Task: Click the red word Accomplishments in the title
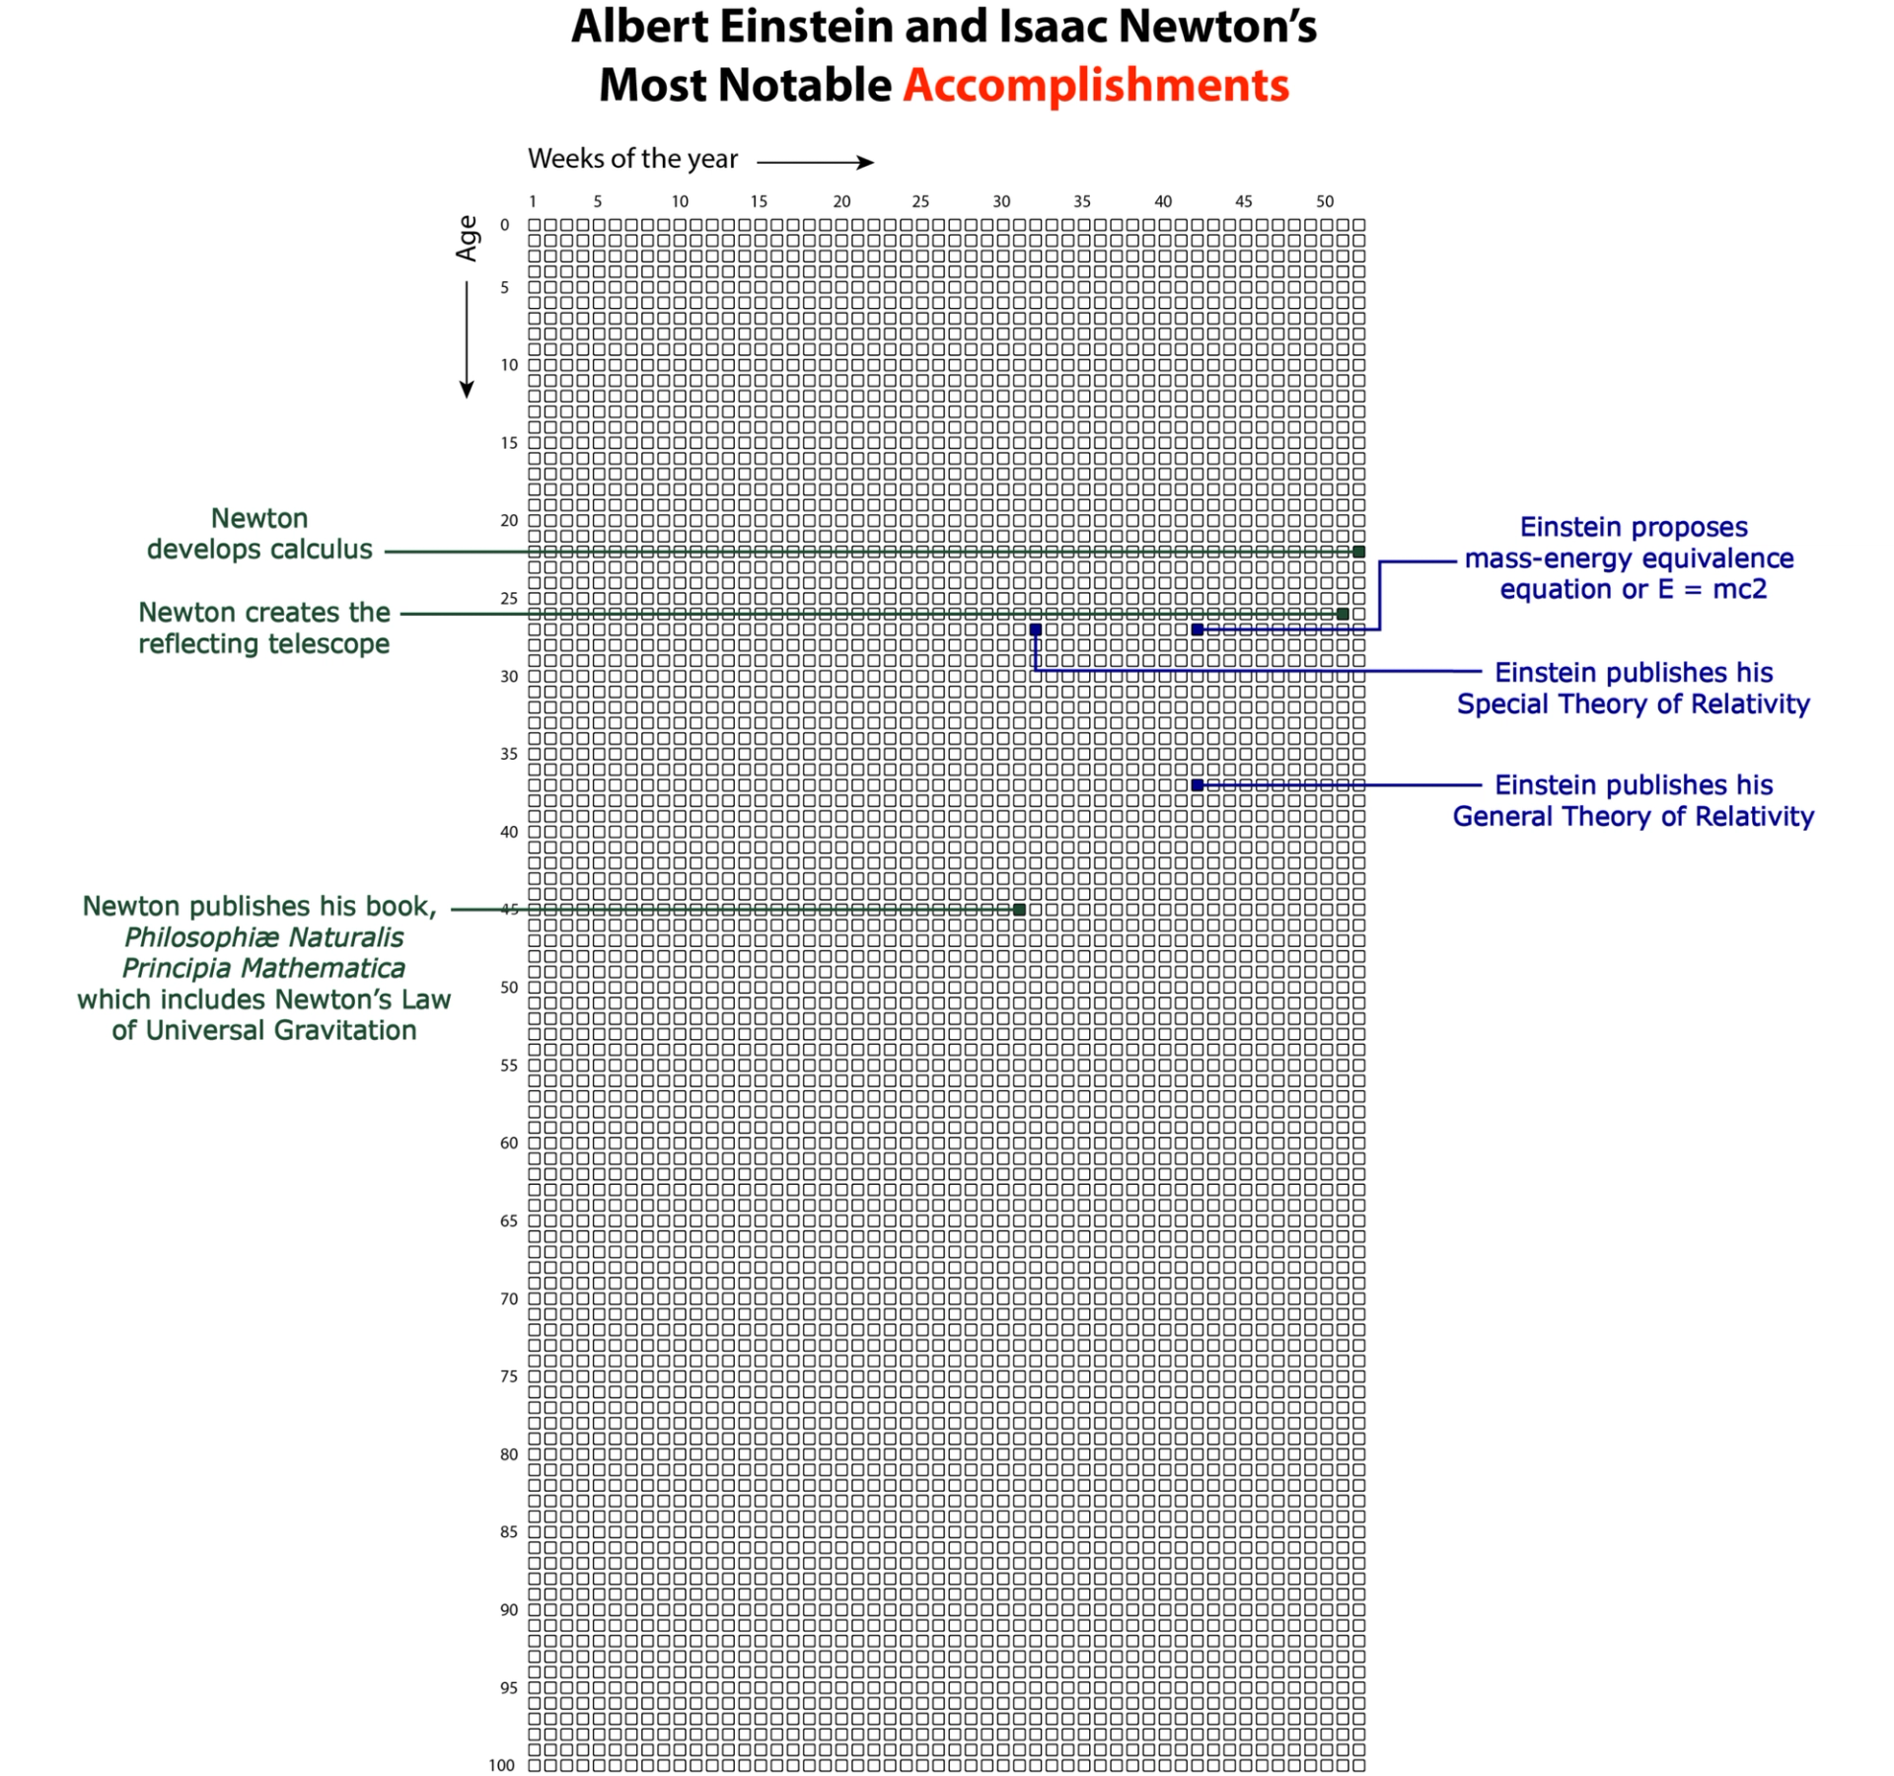(x=1096, y=86)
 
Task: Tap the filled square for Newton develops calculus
(x=1358, y=552)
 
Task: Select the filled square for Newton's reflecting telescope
(x=1343, y=614)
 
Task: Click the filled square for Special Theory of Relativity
(x=1035, y=629)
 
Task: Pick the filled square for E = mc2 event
(x=1197, y=629)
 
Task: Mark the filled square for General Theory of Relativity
(x=1197, y=785)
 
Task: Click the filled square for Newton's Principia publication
(x=1019, y=910)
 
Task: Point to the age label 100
(x=501, y=1765)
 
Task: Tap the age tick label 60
(x=508, y=1144)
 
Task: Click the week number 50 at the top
(x=1325, y=201)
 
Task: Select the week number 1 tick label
(x=533, y=201)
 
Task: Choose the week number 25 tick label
(x=920, y=201)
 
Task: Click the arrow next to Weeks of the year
(x=815, y=163)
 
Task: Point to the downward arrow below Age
(x=467, y=340)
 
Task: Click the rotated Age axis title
(x=467, y=239)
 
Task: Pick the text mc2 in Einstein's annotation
(x=1739, y=590)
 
